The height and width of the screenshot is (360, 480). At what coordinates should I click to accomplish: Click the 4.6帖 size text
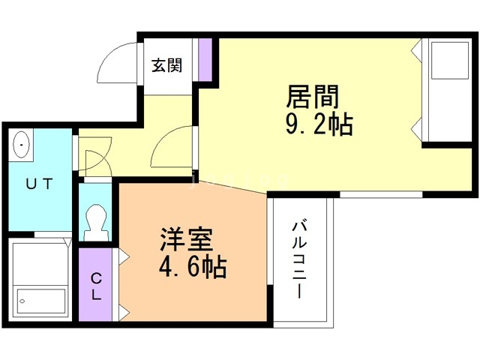click(193, 266)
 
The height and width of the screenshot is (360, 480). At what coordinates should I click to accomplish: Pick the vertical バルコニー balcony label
click(299, 259)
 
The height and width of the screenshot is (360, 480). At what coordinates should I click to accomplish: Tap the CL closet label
click(97, 285)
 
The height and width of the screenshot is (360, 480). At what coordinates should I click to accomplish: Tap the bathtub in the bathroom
click(40, 300)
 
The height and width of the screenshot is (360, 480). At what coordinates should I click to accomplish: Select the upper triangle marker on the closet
click(121, 258)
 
